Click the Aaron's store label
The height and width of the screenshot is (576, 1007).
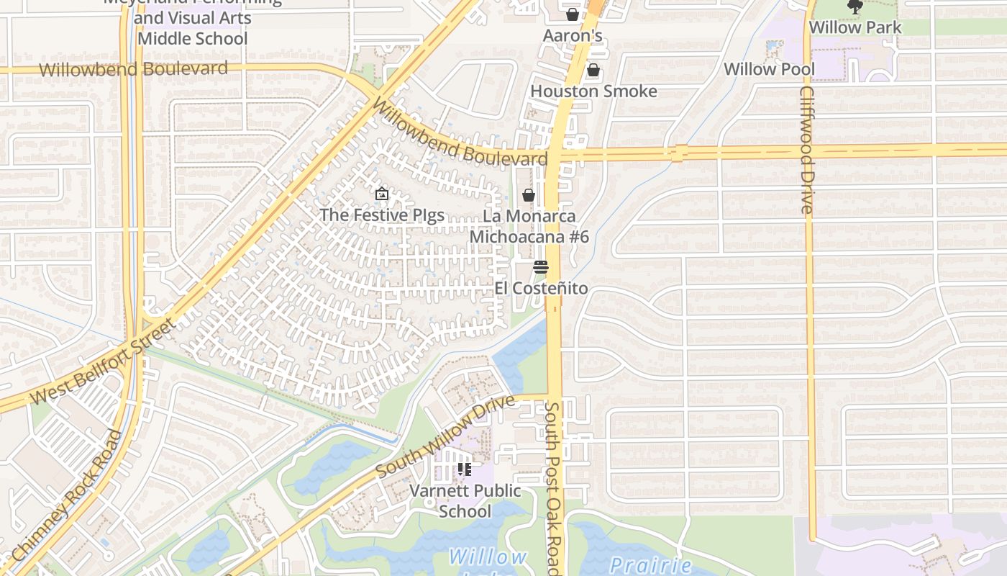pos(572,36)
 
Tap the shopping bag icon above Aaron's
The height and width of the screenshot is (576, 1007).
pos(573,14)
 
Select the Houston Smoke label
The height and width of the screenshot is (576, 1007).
pos(593,91)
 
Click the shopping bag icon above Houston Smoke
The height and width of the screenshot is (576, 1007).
pos(593,70)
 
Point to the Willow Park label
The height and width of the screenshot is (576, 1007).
pos(855,27)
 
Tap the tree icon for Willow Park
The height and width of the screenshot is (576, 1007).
pos(855,7)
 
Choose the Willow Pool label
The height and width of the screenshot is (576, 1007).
pos(769,69)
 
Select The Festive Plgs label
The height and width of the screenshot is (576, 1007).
pos(382,215)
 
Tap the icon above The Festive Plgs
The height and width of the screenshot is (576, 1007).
pos(382,194)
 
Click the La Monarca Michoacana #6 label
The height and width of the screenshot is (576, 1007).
pos(529,226)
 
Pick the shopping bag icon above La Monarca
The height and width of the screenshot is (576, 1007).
pos(529,195)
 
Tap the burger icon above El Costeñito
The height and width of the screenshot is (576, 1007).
pos(541,267)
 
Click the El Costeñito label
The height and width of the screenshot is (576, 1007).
pos(541,289)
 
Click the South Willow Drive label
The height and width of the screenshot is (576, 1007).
pos(445,435)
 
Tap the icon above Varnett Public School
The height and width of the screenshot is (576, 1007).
pos(465,470)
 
